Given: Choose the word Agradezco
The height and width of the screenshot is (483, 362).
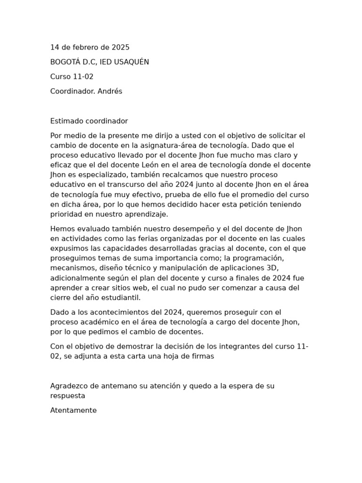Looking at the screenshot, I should pos(70,386).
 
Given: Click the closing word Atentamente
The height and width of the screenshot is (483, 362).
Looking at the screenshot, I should pos(74,411).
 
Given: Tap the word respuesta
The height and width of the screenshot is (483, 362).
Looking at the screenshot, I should pos(68,396).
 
